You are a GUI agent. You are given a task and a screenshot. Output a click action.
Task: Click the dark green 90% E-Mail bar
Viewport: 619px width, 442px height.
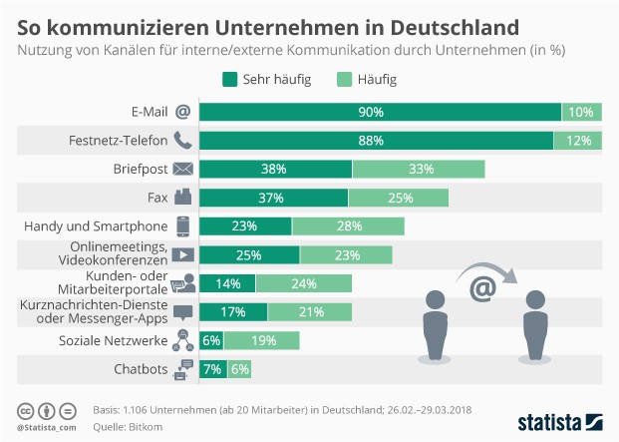[380, 112]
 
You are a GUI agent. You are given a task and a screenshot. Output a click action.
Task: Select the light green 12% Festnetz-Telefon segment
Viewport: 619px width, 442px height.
[577, 140]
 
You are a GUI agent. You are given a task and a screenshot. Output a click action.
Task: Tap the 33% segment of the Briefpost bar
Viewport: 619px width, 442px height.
[419, 169]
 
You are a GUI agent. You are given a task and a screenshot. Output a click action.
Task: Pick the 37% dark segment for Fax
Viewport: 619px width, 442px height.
[274, 198]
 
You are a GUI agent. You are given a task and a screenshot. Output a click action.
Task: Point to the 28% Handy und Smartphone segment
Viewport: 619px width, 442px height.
[348, 226]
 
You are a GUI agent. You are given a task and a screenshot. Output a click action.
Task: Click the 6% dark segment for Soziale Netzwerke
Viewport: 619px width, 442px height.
[210, 341]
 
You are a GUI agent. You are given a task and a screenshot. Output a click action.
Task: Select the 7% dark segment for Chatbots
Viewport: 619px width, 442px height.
[213, 370]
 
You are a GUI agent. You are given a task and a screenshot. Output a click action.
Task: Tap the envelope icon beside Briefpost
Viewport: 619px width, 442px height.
[182, 169]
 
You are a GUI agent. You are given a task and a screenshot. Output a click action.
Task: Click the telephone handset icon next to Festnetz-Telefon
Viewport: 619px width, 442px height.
[182, 140]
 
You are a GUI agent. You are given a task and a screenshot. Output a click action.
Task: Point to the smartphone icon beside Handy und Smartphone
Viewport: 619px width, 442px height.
[182, 226]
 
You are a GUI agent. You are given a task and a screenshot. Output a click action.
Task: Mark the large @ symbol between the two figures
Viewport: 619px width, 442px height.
[483, 288]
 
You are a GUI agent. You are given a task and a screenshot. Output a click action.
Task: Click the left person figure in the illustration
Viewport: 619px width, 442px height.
[436, 323]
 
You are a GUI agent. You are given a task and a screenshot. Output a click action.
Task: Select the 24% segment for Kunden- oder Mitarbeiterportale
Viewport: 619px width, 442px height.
[303, 283]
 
